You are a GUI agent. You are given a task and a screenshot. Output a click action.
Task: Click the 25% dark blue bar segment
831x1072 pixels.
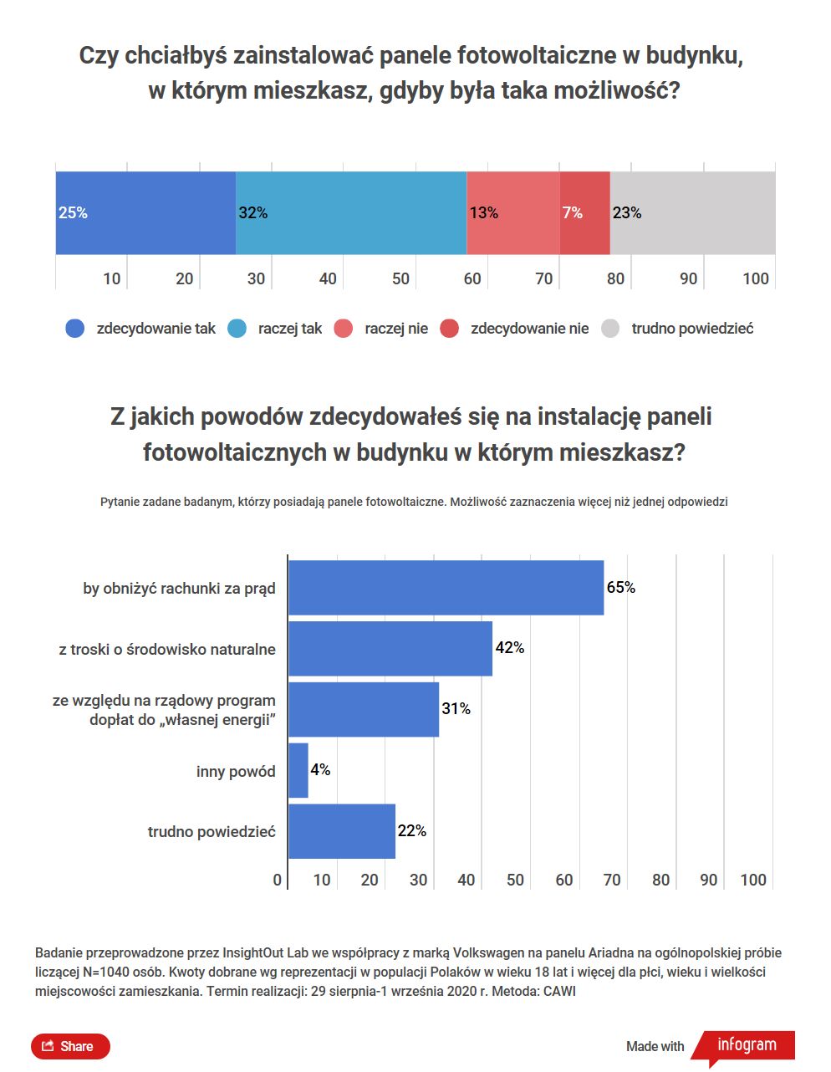[145, 213]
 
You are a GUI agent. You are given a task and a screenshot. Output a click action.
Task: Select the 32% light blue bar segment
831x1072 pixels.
[351, 213]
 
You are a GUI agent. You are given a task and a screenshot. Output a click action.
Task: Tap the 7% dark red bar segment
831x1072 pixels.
[585, 213]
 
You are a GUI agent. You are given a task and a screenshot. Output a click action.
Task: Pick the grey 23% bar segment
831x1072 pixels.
[692, 213]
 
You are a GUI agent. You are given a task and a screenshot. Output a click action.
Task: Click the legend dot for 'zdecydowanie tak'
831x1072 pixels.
[75, 329]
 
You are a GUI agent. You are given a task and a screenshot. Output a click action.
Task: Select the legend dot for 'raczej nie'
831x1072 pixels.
[343, 329]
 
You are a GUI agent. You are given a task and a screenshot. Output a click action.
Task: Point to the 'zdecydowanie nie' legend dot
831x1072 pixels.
[450, 329]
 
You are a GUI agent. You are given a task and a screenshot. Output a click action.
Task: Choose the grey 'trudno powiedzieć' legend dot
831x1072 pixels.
[610, 329]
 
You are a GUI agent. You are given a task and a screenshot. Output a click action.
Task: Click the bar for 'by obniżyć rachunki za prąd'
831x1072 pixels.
[446, 588]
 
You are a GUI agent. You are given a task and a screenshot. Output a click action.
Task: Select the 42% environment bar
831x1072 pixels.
[390, 649]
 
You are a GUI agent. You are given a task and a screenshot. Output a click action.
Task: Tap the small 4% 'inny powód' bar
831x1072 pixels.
[298, 770]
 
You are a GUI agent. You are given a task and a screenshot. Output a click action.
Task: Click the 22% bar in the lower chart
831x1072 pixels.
[342, 831]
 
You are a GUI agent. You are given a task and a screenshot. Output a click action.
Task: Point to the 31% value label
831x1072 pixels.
[456, 709]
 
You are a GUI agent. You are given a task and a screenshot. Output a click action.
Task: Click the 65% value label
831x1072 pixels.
[621, 588]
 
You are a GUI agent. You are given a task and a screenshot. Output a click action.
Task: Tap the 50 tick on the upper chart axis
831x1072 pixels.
[400, 278]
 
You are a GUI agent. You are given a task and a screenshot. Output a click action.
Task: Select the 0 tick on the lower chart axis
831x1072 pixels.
[278, 880]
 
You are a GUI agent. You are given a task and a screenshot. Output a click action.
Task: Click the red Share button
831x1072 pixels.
[70, 1046]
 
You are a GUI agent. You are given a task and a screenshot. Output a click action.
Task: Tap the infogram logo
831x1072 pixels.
[746, 1045]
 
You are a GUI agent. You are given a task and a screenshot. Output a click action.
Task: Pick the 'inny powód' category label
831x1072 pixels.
[236, 772]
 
